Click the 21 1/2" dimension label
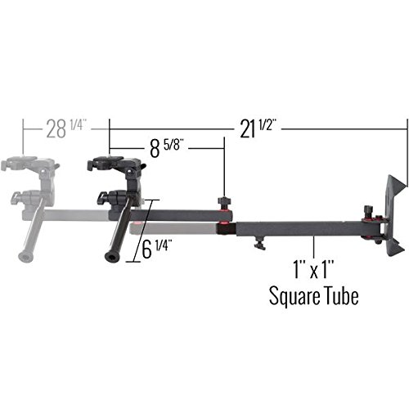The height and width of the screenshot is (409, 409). [x=257, y=129]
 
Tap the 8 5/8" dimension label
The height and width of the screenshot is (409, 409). [x=165, y=148]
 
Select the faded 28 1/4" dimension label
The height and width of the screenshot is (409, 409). [x=66, y=128]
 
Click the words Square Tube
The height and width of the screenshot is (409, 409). [x=313, y=296]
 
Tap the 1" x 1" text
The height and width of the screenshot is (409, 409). [x=313, y=269]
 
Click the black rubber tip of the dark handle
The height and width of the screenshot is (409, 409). [x=111, y=257]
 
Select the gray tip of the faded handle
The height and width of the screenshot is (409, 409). [x=25, y=256]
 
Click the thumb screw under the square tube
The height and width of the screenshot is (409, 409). [x=259, y=242]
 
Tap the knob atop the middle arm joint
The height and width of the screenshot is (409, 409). [x=224, y=203]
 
